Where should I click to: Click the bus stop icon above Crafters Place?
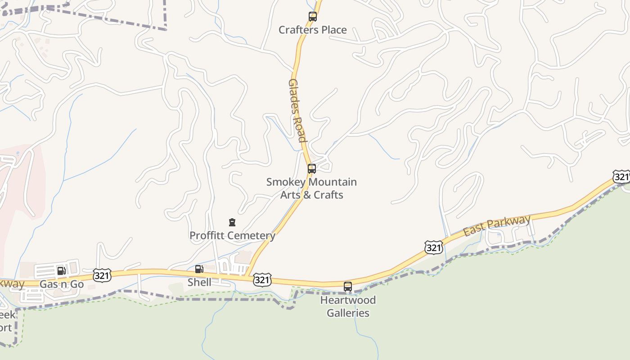pyautogui.click(x=312, y=17)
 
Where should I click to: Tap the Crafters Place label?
pyautogui.click(x=312, y=30)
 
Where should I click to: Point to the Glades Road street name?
pyautogui.click(x=297, y=110)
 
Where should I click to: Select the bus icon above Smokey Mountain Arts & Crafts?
pyautogui.click(x=311, y=169)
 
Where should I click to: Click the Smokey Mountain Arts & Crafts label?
pyautogui.click(x=311, y=189)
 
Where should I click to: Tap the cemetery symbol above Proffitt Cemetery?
pyautogui.click(x=232, y=222)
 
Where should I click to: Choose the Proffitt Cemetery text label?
pyautogui.click(x=232, y=235)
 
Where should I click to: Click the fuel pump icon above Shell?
pyautogui.click(x=199, y=269)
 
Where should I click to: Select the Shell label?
pyautogui.click(x=199, y=283)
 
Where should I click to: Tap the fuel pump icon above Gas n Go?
pyautogui.click(x=61, y=271)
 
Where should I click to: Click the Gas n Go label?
pyautogui.click(x=62, y=284)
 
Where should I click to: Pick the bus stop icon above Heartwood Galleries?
pyautogui.click(x=347, y=286)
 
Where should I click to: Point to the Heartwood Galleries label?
pyautogui.click(x=348, y=306)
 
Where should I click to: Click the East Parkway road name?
pyautogui.click(x=497, y=226)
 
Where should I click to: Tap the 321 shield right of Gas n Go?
pyautogui.click(x=102, y=275)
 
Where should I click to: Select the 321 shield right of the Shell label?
pyautogui.click(x=262, y=280)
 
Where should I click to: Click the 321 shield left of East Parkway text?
pyautogui.click(x=433, y=247)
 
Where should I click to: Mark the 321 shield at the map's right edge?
pyautogui.click(x=621, y=177)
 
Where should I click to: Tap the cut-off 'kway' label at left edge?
pyautogui.click(x=12, y=284)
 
